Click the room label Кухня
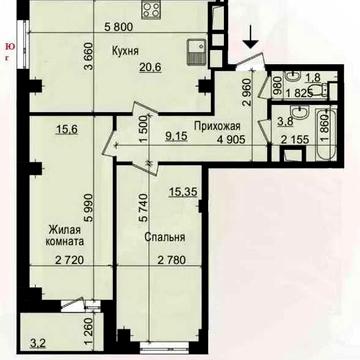[x=125, y=52]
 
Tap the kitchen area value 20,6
[x=151, y=67]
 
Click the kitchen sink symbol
[x=196, y=52]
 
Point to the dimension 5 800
[x=118, y=27]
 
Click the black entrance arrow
[x=251, y=41]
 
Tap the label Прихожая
[x=217, y=126]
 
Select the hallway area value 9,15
[x=177, y=137]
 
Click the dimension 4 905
[x=230, y=139]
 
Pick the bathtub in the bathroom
[x=327, y=133]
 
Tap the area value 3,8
[x=285, y=121]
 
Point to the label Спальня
[x=165, y=237]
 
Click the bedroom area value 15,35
[x=183, y=192]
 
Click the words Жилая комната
[x=66, y=235]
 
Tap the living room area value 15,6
[x=67, y=129]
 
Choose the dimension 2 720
[x=68, y=260]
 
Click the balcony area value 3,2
[x=37, y=344]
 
